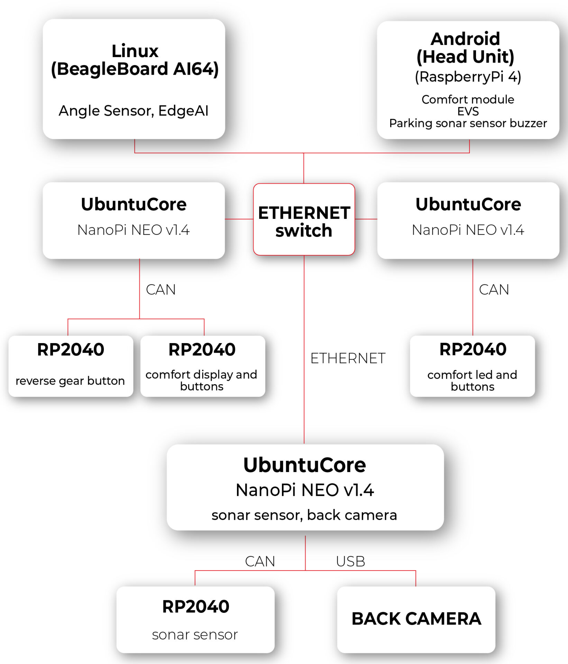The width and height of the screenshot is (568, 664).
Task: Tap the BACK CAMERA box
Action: coord(416,619)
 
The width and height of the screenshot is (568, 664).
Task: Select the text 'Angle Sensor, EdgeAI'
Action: coord(134,111)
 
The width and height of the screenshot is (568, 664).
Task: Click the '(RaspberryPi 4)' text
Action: coord(468,77)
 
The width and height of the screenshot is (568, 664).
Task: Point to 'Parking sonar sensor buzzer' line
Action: coord(468,123)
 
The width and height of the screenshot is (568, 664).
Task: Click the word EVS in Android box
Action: coord(468,111)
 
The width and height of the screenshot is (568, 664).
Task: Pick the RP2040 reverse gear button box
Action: coord(71,366)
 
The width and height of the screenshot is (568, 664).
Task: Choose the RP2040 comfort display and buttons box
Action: coord(202,366)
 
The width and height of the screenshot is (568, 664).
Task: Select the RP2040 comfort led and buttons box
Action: coord(472,366)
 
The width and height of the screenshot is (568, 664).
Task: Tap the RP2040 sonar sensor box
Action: coord(195,619)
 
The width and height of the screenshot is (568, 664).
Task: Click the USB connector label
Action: coord(350,561)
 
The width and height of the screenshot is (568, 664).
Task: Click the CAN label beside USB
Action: coord(260,561)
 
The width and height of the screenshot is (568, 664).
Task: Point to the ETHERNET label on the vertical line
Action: coord(348,358)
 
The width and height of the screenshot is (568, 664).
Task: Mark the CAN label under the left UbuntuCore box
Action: coord(161,290)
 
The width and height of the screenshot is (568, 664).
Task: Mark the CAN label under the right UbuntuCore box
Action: coord(494,290)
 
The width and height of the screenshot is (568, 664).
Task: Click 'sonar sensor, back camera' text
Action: coord(304,515)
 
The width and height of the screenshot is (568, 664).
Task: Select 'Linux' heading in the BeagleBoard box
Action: coord(135,51)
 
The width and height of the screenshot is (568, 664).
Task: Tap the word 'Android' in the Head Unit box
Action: coord(465,39)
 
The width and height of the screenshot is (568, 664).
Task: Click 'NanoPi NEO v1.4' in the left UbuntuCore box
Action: coord(134,230)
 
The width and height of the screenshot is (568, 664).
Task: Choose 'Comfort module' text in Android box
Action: coord(468,100)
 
